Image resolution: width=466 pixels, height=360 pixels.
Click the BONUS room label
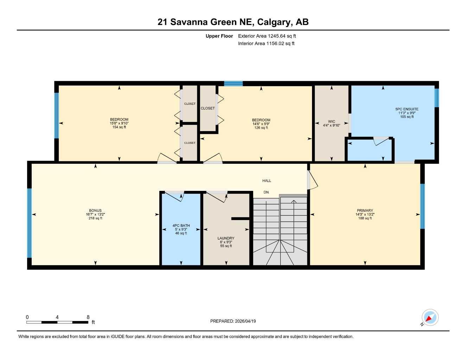pos(95,211)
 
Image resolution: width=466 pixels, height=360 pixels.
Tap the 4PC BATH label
pos(181,225)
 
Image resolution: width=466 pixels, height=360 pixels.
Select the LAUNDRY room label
pos(226,238)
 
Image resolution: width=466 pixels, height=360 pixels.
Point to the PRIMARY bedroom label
pos(365,211)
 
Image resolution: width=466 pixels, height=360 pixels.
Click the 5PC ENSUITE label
pos(407,109)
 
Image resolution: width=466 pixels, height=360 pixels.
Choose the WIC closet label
pos(331,122)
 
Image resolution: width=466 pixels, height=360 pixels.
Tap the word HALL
pos(267,181)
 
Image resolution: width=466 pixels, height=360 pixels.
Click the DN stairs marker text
pos(266,192)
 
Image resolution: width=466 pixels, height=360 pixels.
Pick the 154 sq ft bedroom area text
pos(119,127)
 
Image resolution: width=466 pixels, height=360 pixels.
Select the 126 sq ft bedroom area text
pos(261,128)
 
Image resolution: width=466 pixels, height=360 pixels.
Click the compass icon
pos(430,317)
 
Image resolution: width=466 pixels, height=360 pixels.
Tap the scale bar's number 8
pos(88,317)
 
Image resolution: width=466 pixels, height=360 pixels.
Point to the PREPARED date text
pos(233,321)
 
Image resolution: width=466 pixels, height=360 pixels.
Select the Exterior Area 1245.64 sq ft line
pos(267,36)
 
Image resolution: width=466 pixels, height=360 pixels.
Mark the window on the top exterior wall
pos(233,83)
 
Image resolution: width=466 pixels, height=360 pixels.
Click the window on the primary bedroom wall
pos(422,206)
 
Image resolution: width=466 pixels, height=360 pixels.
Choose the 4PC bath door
pos(174,196)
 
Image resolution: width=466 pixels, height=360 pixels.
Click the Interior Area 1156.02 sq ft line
pos(266,44)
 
